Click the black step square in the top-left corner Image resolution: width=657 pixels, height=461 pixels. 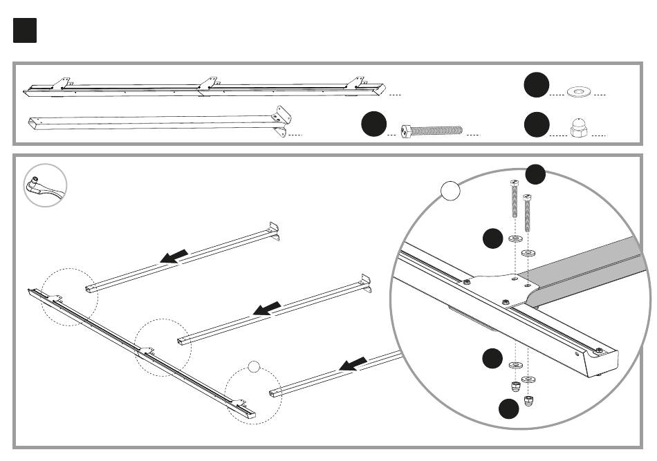point(24,30)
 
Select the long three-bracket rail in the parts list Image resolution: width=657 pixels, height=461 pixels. point(204,88)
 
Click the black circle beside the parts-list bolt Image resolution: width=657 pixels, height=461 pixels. point(373,125)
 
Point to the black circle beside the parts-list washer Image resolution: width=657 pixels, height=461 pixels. point(536,85)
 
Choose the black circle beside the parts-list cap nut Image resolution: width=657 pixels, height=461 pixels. point(536,125)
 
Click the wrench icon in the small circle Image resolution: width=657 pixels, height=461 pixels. point(45,185)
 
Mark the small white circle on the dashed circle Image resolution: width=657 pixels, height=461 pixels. point(255,366)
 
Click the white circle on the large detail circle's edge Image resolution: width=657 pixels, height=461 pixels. point(450,190)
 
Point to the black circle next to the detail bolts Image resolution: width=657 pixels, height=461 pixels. point(535,174)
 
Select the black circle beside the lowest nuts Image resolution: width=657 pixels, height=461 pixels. point(508,409)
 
